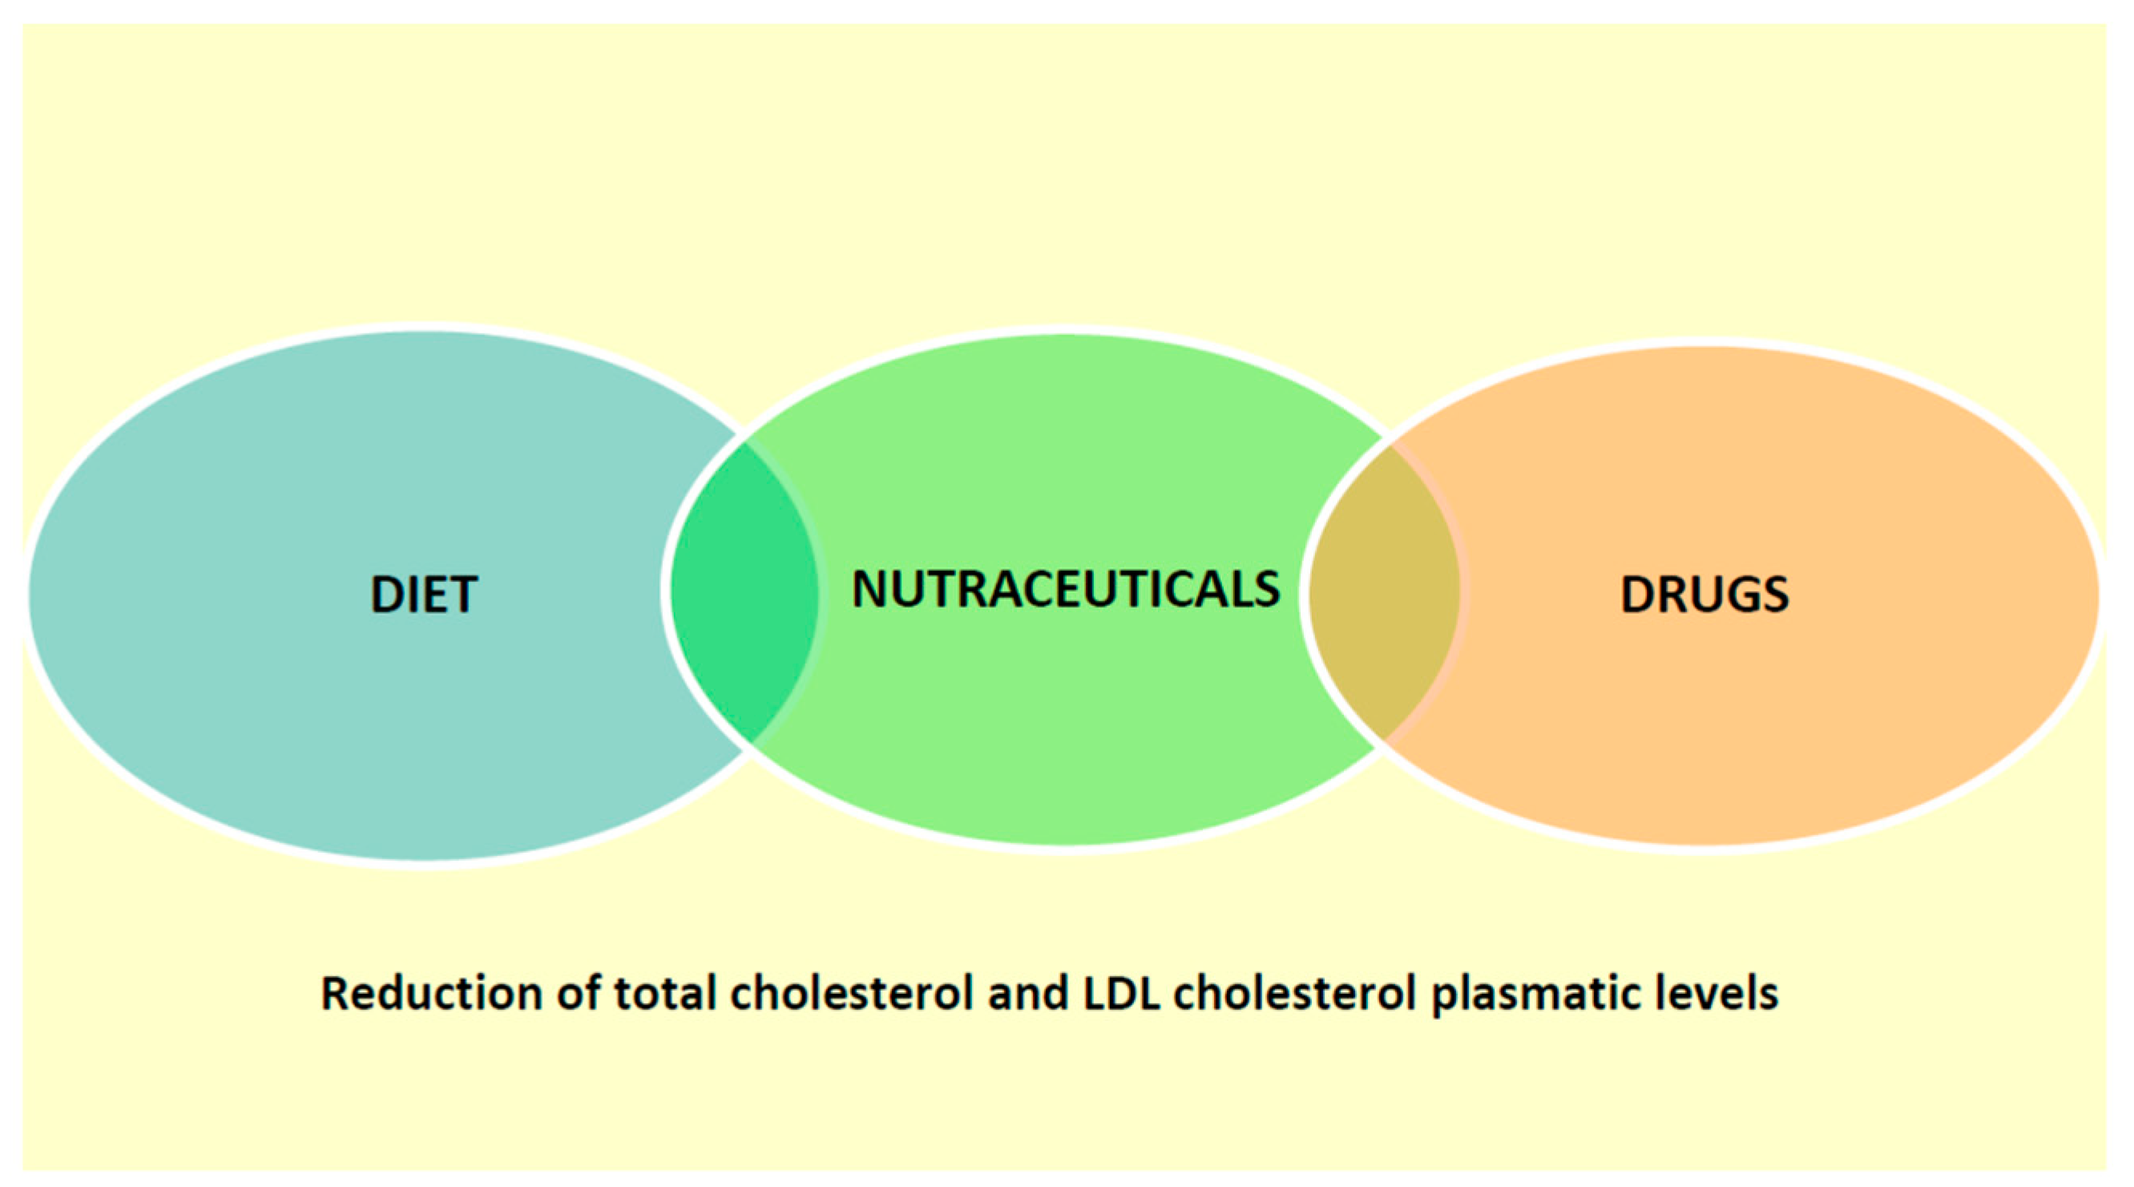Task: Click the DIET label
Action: point(423,594)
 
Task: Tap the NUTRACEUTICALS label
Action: point(1065,589)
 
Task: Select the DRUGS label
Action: point(1704,595)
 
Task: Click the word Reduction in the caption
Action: point(431,993)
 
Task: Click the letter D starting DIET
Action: point(386,595)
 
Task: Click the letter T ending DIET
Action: point(462,595)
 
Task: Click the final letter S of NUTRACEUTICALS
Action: point(1265,589)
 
